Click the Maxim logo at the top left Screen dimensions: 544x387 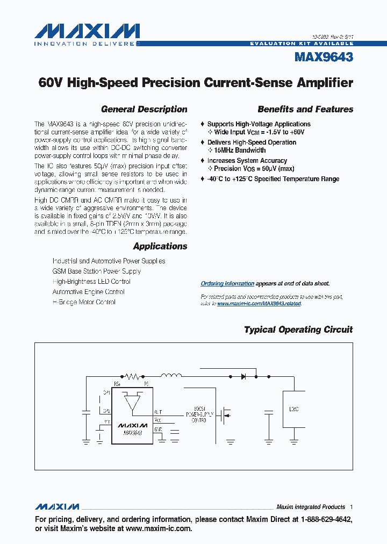(x=87, y=32)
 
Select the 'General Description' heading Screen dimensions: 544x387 (x=144, y=109)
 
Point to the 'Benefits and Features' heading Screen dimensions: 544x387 (x=305, y=109)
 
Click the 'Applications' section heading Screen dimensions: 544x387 (x=160, y=246)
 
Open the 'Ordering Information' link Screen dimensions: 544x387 (x=227, y=283)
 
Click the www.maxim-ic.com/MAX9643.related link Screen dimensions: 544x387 (x=259, y=304)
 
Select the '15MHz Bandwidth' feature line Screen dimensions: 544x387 (x=240, y=151)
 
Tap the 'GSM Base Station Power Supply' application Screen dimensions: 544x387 (x=97, y=271)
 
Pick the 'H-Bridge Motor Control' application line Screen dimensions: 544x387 (x=84, y=302)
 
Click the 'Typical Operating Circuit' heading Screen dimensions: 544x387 (x=298, y=330)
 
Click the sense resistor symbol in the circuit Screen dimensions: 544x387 (x=132, y=376)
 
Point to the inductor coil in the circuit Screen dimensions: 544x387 (x=171, y=376)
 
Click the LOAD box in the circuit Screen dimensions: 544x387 (x=293, y=409)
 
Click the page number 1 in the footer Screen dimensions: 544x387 (x=351, y=507)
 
